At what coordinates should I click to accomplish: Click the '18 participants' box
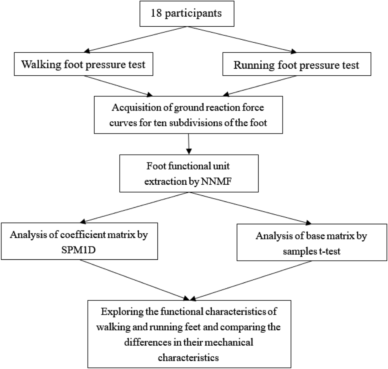coord(186,14)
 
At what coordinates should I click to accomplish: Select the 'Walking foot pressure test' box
coord(83,64)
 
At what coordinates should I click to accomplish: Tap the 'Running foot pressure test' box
coord(296,64)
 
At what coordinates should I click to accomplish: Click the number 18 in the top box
coord(156,13)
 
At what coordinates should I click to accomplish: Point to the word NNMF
coord(216,181)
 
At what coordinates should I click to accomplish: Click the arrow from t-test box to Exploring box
coord(252,280)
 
